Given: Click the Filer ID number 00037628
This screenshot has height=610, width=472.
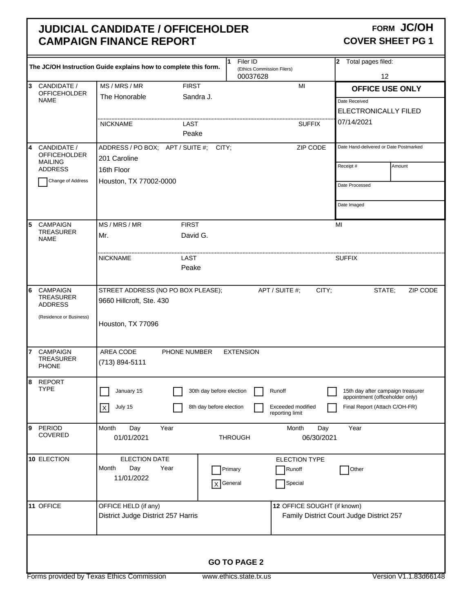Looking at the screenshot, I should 253,76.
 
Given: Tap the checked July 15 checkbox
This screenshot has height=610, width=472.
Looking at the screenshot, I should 105,408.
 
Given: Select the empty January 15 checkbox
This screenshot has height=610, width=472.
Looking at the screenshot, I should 105,391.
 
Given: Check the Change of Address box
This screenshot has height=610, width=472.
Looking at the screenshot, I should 42,182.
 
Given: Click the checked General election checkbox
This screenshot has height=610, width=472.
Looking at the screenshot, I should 216,484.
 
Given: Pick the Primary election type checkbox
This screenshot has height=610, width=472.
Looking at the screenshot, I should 216,470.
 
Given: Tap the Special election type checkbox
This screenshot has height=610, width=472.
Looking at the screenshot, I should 280,484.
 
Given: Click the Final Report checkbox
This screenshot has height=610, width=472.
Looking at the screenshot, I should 332,408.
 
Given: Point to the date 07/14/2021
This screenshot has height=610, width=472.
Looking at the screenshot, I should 355,122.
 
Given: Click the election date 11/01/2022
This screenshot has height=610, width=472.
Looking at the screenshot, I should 131,478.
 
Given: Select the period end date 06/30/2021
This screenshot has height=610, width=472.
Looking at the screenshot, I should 319,438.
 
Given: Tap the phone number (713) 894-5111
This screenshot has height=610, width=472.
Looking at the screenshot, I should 122,362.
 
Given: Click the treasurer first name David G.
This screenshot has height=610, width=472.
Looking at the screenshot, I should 194,235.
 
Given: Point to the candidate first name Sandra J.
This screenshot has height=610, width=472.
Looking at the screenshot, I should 197,97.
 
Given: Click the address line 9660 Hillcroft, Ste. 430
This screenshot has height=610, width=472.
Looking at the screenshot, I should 134,301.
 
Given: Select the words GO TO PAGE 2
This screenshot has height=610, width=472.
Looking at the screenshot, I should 236,562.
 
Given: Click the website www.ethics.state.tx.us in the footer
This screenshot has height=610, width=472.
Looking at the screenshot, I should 236,576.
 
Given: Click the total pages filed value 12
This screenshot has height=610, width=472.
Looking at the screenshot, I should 385,76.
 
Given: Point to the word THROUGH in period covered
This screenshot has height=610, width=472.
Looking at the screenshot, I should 234,438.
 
